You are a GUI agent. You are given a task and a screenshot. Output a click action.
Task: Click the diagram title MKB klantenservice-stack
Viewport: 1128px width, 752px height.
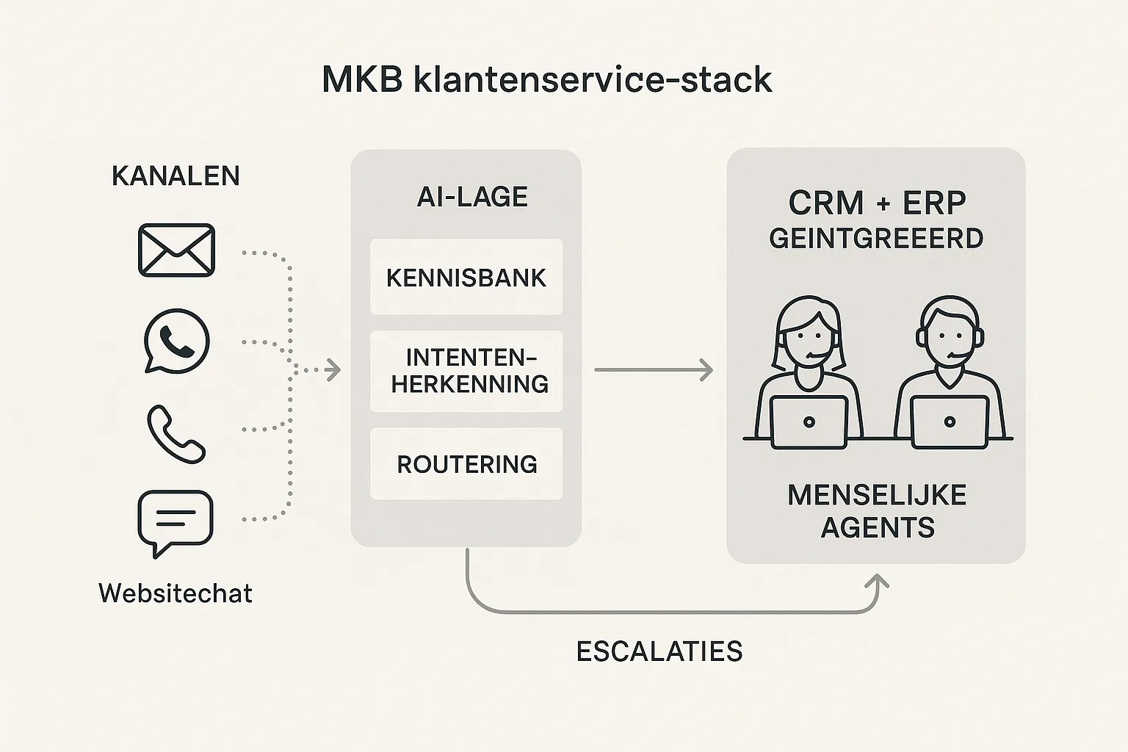coord(546,79)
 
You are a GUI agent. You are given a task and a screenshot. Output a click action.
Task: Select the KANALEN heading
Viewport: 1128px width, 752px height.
coord(176,176)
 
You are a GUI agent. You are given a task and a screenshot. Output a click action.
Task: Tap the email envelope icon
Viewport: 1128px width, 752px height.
coord(176,250)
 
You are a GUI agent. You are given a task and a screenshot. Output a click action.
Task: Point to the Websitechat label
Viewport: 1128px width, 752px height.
coord(176,593)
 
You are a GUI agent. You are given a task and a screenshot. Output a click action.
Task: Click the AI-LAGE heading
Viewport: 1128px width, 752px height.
coord(472,197)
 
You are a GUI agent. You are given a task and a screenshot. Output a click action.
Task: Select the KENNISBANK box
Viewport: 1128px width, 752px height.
coord(466,277)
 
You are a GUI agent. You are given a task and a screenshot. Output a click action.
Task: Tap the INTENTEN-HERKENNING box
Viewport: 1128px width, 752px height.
coord(466,371)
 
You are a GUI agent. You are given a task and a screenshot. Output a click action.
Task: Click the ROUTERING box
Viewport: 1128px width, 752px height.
coord(466,464)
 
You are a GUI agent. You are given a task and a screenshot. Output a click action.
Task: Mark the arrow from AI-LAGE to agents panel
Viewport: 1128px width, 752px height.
coord(653,370)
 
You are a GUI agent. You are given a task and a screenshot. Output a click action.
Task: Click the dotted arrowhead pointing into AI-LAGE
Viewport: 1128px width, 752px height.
coord(334,370)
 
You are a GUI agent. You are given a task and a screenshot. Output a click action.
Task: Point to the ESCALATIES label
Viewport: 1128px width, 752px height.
coord(659,651)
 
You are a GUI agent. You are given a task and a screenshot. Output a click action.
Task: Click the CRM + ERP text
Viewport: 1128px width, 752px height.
coord(877,203)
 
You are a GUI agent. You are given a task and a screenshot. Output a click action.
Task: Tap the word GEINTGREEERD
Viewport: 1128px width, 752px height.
coord(876,239)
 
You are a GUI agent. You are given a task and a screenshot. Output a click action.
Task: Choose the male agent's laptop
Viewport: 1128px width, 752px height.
coord(949,422)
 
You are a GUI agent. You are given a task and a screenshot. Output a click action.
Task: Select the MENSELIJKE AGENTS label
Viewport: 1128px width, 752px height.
coord(877,511)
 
